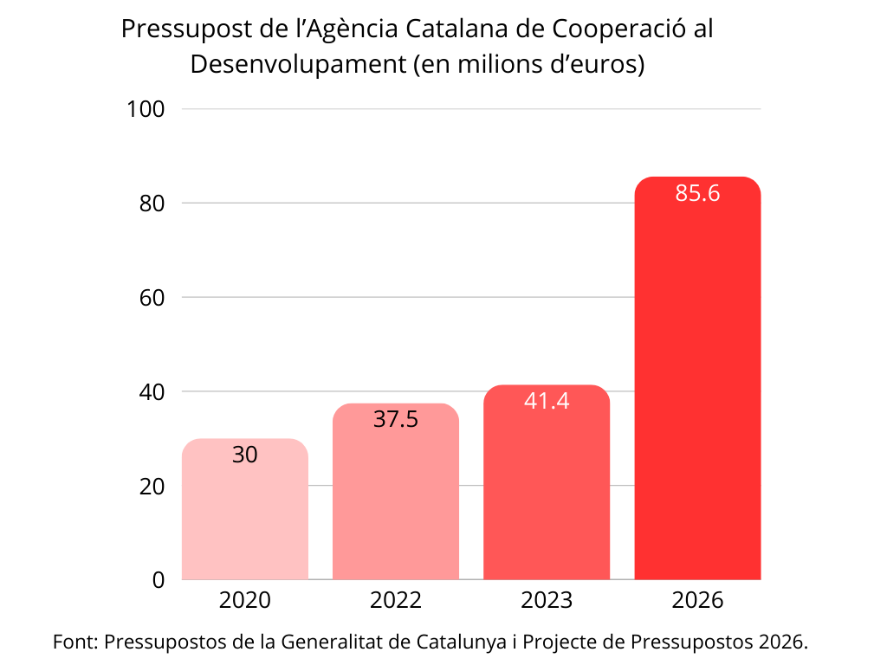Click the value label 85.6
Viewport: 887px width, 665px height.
click(697, 193)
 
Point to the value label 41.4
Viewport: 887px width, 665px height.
click(547, 401)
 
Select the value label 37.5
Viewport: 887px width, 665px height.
click(396, 420)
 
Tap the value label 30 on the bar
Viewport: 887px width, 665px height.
click(245, 455)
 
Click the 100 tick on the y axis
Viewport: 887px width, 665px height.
click(146, 109)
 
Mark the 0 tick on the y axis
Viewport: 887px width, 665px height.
click(158, 580)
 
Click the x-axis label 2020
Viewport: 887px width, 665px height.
click(245, 601)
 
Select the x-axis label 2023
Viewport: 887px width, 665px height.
click(547, 601)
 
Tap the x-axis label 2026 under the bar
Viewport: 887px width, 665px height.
click(697, 601)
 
